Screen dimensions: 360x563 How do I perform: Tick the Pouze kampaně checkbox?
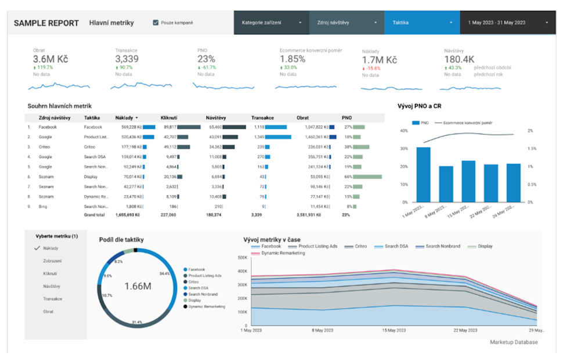(156, 23)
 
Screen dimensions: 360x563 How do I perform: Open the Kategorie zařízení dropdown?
(271, 23)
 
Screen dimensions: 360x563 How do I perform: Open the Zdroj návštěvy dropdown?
(347, 23)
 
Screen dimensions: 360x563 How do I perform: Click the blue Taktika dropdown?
(421, 23)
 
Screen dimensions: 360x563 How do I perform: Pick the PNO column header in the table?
(347, 117)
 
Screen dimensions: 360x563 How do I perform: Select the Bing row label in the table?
(44, 206)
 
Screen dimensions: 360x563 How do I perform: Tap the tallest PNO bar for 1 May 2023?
(423, 174)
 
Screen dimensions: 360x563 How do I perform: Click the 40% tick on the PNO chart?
(405, 131)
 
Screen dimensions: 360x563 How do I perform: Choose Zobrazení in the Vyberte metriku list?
(52, 261)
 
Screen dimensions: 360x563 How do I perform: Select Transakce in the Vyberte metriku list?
(52, 299)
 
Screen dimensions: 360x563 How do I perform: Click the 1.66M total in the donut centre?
(138, 286)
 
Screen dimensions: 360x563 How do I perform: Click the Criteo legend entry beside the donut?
(193, 282)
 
